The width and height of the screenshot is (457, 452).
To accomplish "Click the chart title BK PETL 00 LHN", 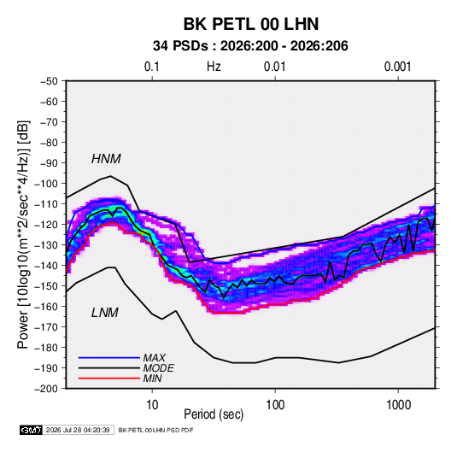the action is (251, 24).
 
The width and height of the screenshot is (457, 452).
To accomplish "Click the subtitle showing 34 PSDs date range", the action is (250, 46).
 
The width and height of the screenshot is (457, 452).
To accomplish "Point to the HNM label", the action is (106, 159).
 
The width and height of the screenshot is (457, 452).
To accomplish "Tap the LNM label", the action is (105, 313).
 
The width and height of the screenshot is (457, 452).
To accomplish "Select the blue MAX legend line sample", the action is (109, 358).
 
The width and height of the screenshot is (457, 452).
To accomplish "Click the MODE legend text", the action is (159, 368).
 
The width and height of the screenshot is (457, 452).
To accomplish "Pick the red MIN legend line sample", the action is (109, 379).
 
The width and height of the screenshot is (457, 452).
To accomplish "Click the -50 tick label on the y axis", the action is (49, 81).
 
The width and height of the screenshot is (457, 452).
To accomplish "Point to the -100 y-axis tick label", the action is (46, 184).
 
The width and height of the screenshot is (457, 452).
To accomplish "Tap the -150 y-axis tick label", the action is (46, 286).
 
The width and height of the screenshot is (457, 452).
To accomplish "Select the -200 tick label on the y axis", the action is (46, 389).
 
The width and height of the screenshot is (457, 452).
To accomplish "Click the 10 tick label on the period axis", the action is (152, 405).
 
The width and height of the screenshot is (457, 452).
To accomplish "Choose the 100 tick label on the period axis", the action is (275, 405).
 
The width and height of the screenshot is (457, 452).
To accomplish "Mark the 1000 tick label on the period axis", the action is (398, 405).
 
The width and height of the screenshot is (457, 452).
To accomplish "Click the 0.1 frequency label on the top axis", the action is (152, 67).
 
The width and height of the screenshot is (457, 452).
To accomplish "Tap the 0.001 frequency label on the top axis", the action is (397, 67).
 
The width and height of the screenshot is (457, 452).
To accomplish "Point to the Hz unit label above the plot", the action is (214, 67).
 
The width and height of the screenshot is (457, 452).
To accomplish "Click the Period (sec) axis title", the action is (214, 414).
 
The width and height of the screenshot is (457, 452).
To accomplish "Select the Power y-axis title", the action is (23, 234).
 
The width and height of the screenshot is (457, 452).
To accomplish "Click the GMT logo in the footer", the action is (32, 430).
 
